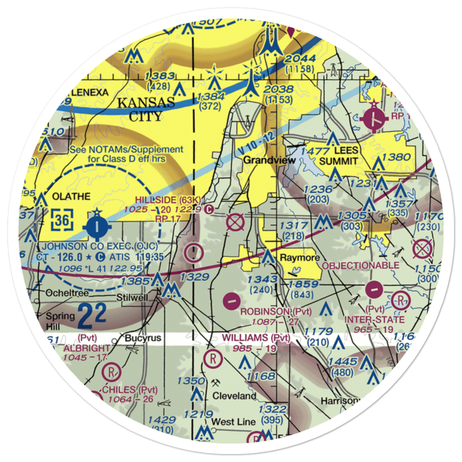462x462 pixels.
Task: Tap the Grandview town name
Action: (x=263, y=160)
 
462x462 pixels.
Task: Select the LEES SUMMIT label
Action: (x=340, y=156)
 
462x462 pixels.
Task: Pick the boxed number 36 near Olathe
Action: (x=62, y=220)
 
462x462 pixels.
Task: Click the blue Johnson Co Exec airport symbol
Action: (x=97, y=226)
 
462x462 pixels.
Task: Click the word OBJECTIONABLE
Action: (x=360, y=266)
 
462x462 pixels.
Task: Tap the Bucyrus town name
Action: (x=143, y=338)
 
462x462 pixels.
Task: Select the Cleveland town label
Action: (x=234, y=396)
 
